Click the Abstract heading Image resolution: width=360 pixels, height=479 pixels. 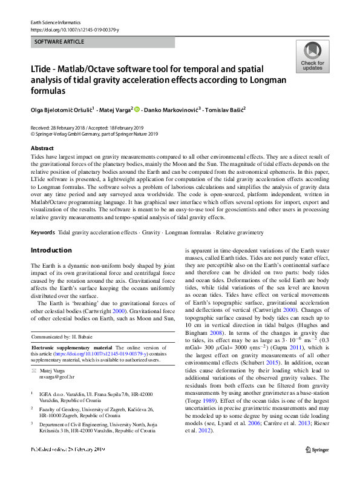(x=42, y=148)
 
